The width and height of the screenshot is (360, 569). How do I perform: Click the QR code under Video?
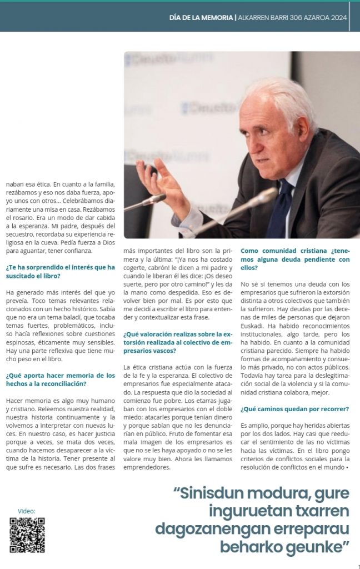tap(27, 535)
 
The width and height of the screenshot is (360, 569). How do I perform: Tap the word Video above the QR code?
tap(26, 511)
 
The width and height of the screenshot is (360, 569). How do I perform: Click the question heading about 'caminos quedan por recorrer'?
tap(294, 410)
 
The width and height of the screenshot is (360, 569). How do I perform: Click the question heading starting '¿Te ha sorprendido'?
tap(61, 271)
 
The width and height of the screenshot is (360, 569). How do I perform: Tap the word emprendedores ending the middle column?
tap(147, 467)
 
